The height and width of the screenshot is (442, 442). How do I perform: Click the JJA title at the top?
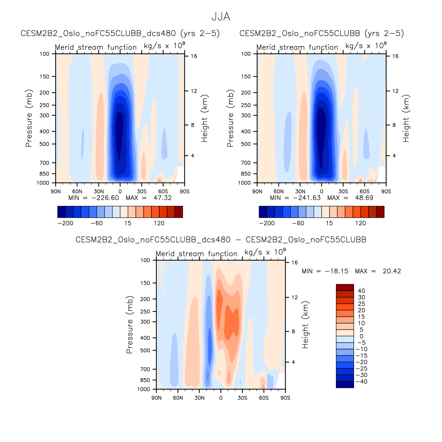point(221,17)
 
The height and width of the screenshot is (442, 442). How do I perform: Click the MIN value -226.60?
point(105,198)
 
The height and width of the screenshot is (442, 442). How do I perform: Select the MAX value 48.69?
point(364,198)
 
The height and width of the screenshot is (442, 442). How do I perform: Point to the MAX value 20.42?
point(392,271)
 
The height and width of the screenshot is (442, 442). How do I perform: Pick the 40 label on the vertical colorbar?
point(361,291)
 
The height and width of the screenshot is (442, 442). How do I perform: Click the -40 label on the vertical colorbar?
point(361,382)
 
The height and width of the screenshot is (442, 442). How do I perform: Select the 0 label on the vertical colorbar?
point(361,336)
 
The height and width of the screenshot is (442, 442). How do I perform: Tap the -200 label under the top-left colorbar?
point(65,223)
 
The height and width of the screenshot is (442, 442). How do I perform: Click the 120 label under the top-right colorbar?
point(360,223)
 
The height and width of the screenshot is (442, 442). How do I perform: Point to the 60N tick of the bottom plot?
point(178,398)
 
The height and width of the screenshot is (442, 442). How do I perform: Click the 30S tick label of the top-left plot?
point(142,192)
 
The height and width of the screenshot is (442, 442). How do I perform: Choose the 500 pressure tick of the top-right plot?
point(245,144)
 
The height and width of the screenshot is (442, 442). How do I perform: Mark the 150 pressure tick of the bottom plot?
point(145,283)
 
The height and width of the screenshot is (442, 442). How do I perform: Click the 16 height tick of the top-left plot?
point(194,56)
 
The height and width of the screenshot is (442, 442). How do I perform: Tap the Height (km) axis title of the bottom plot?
point(305,325)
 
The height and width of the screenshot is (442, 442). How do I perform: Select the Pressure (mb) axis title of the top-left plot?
point(29,118)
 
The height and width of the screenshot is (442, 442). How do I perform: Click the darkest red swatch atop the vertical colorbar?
point(345,287)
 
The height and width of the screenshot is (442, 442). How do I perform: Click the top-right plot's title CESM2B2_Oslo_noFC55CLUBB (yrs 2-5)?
point(321,33)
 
